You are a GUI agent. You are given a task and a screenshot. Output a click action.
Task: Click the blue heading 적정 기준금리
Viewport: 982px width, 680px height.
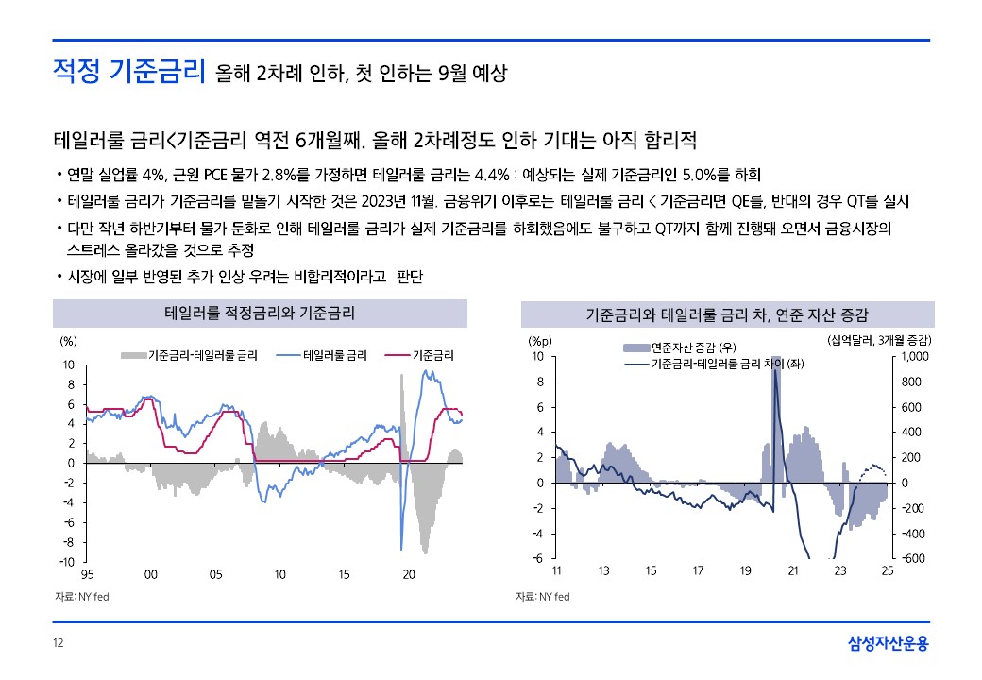coord(128,71)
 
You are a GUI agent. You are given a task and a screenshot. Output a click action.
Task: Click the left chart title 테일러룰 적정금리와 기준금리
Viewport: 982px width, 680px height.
coord(260,313)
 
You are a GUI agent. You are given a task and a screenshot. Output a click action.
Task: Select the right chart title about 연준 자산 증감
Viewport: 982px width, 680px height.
coord(727,314)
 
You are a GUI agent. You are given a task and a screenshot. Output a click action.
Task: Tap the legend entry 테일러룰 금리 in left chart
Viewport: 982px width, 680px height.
coord(335,356)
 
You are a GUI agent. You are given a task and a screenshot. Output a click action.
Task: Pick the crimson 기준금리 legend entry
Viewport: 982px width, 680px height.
coord(433,356)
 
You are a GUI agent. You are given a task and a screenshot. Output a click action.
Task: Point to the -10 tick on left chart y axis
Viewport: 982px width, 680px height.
coord(68,562)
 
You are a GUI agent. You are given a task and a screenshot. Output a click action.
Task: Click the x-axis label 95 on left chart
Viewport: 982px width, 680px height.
coord(87,574)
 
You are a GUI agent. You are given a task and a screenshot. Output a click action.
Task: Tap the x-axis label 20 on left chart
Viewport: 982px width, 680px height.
coord(409,574)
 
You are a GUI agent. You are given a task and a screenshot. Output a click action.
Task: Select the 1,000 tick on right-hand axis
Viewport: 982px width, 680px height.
coord(916,356)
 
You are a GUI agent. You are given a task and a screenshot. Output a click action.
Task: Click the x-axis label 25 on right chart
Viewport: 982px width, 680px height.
coord(888,570)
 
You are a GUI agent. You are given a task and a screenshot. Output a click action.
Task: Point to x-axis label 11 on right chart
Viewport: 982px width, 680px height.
coord(556,570)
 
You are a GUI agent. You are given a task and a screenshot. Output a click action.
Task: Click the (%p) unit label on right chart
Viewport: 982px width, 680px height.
coord(539,340)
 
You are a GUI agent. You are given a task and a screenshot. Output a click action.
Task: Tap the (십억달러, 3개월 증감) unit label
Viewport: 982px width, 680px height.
coord(878,339)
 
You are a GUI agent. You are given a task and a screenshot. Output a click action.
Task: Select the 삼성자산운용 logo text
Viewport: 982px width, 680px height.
coord(889,644)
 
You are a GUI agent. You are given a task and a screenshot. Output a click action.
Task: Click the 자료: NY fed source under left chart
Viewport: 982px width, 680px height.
coord(80,597)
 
